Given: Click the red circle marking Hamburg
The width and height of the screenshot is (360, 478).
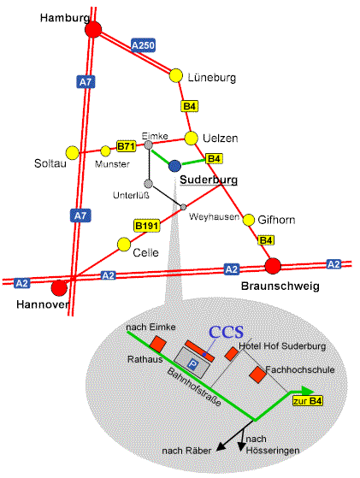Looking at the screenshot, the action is tap(93, 30).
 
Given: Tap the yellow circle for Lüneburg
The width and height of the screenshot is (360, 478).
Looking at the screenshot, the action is tap(176, 75).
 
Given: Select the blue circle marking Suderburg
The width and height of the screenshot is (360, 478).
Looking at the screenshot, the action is tap(174, 166).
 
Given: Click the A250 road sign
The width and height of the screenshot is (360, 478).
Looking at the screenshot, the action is tap(143, 45).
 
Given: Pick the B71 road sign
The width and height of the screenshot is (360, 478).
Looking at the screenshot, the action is tap(127, 146).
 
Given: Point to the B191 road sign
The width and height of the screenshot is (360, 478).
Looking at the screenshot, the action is tap(146, 226).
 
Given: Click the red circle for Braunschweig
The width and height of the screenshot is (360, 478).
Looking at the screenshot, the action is tap(273, 266).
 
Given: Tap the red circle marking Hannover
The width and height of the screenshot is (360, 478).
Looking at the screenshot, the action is tap(59, 288).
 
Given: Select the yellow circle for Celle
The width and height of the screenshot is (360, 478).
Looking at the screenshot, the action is tap(124, 245).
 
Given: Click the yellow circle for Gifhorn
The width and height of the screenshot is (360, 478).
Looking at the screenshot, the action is tap(249, 220).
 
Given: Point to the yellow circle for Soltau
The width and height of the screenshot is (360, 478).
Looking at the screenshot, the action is tap(73, 153).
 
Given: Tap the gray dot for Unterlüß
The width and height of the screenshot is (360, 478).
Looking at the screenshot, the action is tap(149, 184).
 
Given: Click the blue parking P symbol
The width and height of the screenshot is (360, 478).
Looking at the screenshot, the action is tap(192, 364).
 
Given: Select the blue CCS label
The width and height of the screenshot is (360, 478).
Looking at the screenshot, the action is tap(227, 332).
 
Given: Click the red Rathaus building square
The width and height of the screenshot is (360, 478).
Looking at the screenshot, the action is tap(158, 344).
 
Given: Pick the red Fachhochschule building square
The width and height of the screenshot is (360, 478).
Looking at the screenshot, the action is tap(258, 375).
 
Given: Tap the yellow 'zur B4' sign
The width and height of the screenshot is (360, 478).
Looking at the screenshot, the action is tap(308, 401).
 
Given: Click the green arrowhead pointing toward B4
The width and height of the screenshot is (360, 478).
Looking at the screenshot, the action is tap(308, 391).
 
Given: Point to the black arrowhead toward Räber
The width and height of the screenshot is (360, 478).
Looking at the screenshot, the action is tap(221, 446).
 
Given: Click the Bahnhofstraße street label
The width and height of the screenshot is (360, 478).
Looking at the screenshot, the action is tap(194, 387).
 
